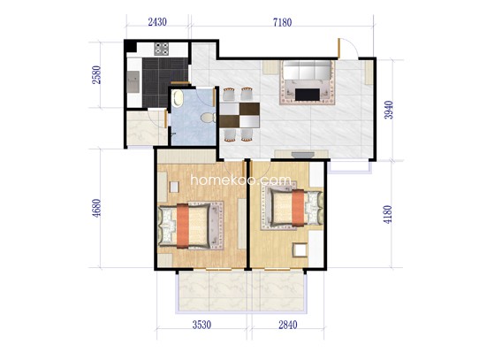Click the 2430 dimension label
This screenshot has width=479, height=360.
tap(157, 22)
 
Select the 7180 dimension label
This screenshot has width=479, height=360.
tap(282, 22)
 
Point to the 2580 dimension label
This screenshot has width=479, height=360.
tap(96, 75)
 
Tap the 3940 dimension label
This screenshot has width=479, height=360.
tap(389, 110)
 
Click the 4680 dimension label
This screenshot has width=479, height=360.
tap(96, 208)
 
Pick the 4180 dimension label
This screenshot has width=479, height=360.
tap(388, 214)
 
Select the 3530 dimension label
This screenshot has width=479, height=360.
tap(201, 325)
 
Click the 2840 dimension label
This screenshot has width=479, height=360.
tap(288, 325)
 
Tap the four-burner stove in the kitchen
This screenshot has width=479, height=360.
tap(162, 49)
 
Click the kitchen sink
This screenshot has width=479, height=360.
tap(133, 81)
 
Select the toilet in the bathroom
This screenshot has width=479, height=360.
tap(209, 118)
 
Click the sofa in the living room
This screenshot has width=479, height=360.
tap(308, 70)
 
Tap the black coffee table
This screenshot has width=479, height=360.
tap(308, 95)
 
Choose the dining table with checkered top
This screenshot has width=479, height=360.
tap(239, 115)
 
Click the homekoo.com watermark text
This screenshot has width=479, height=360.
tap(241, 180)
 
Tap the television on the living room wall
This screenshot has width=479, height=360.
tap(302, 155)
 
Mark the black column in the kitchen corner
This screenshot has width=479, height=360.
tap(130, 46)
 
